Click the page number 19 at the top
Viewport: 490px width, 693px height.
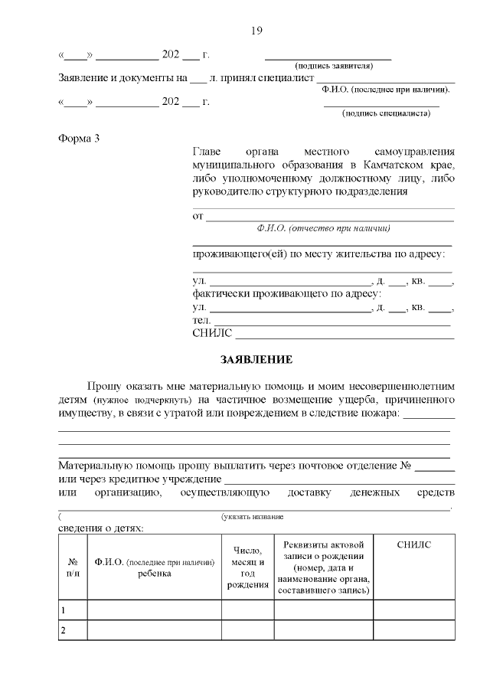click(256, 31)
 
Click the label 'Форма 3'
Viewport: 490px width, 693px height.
click(79, 138)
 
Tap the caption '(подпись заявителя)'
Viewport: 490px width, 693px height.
click(328, 67)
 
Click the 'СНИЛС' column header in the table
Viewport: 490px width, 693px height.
click(414, 544)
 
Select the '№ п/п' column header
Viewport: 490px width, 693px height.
click(73, 567)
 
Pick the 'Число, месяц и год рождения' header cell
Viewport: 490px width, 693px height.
click(247, 567)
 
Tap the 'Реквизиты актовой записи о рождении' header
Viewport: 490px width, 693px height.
click(324, 567)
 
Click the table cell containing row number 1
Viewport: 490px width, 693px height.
click(73, 610)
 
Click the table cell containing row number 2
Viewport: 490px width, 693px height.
click(73, 630)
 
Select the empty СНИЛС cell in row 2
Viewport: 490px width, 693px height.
click(414, 630)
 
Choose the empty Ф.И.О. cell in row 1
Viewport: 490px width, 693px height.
click(154, 610)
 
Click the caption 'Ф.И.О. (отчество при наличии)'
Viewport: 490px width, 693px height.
click(324, 228)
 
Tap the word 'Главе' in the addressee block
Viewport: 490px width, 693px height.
click(207, 152)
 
